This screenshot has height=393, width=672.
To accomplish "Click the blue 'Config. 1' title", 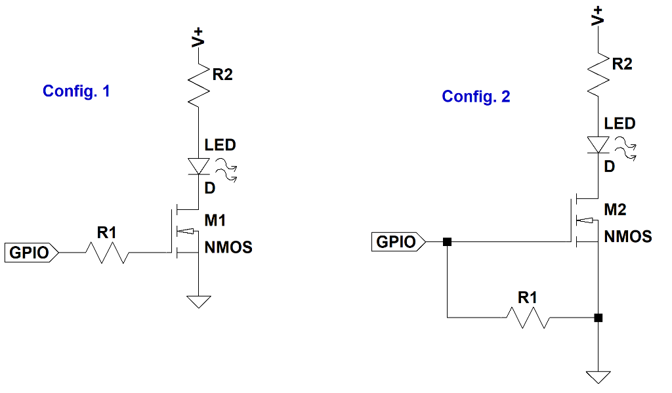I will point(76,91).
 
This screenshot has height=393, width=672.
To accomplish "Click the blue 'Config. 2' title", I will point(476,97).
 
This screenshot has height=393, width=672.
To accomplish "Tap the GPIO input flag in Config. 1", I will point(32,252).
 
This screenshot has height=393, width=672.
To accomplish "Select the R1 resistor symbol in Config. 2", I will point(528,318).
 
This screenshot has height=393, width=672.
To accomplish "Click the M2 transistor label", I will point(615,209).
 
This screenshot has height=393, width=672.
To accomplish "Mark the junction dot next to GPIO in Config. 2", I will point(447,242).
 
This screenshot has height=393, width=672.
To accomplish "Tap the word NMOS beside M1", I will point(228,247).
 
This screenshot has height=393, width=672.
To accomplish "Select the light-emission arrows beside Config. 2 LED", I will point(627,149).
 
